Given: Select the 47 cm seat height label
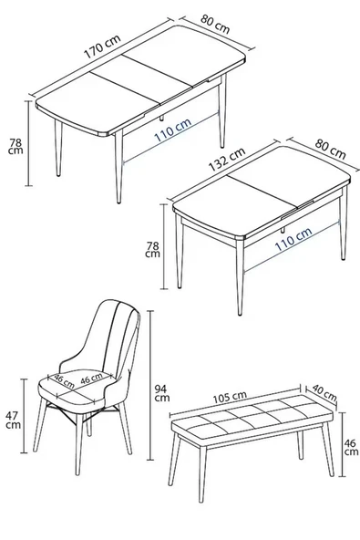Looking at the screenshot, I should pyautogui.click(x=13, y=421).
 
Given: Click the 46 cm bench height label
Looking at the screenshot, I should pyautogui.click(x=349, y=446).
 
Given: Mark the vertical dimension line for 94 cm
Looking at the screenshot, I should pyautogui.click(x=149, y=384).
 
